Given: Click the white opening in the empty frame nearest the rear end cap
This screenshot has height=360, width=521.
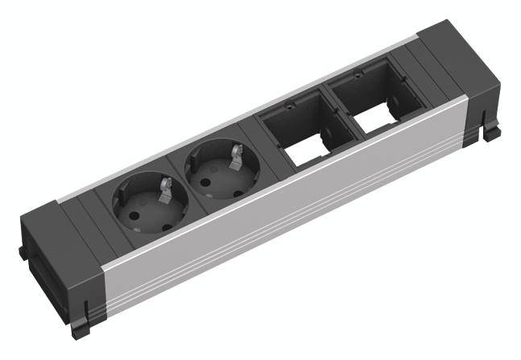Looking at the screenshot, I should tap(373, 122).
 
